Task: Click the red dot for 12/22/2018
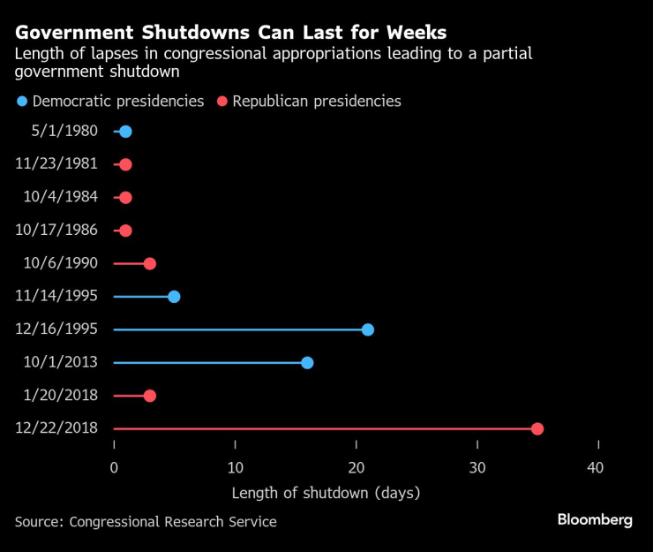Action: [x=537, y=428]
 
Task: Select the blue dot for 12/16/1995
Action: [x=368, y=329]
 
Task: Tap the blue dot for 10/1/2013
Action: [x=307, y=362]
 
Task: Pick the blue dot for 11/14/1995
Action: [x=174, y=296]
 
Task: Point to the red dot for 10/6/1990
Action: [x=150, y=263]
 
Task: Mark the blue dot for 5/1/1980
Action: [x=125, y=132]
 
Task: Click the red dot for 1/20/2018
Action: [x=150, y=395]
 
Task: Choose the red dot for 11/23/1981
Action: [x=125, y=164]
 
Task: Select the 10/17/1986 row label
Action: [x=57, y=231]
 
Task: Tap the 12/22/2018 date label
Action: [x=57, y=428]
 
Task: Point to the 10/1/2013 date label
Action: [x=61, y=362]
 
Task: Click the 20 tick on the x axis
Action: [x=356, y=468]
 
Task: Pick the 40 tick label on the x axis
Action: [x=597, y=468]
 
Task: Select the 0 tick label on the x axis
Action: [x=114, y=468]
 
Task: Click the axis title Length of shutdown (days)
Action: [x=326, y=493]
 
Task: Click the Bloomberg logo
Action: [x=595, y=520]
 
